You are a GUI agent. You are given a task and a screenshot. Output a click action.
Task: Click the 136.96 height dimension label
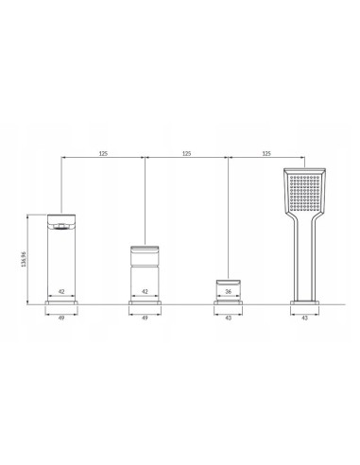(x=24, y=259)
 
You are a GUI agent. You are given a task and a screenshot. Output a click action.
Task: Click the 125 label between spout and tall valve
(x=103, y=154)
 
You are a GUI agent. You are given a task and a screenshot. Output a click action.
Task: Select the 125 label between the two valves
(x=187, y=154)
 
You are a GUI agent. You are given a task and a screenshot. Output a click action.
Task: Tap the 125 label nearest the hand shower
(x=266, y=154)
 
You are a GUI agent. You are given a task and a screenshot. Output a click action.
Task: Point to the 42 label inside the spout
(x=61, y=291)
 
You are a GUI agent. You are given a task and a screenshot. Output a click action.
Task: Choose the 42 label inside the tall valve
(x=145, y=291)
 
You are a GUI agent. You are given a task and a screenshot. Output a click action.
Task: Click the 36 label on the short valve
(x=229, y=291)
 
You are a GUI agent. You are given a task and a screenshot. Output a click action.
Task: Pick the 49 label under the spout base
(x=61, y=318)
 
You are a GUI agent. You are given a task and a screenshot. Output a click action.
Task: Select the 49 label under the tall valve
(x=145, y=318)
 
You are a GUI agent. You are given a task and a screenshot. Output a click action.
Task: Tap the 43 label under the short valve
(x=229, y=318)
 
